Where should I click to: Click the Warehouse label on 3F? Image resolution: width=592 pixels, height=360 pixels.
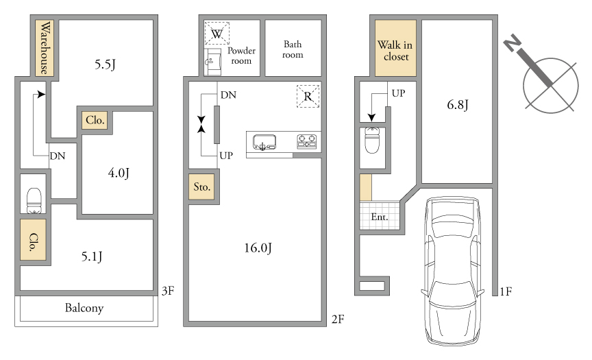tap(45, 47)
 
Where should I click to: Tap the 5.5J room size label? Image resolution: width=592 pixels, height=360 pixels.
tap(105, 64)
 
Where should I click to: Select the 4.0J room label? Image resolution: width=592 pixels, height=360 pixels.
tap(119, 173)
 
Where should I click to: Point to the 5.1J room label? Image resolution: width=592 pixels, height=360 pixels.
tap(92, 256)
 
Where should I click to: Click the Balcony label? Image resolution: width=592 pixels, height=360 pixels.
tap(84, 308)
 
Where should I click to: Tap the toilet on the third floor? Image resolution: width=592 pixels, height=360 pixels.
tap(34, 201)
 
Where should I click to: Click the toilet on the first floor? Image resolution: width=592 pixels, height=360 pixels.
tap(372, 140)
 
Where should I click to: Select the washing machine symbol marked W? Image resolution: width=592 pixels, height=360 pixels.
tap(217, 34)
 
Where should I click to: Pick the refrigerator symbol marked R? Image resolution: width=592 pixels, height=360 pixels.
tap(308, 96)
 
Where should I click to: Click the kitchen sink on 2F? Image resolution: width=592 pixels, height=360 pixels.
tap(264, 143)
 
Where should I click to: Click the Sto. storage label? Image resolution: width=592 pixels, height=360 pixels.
tap(201, 187)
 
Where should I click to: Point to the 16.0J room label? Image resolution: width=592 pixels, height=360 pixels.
tap(258, 248)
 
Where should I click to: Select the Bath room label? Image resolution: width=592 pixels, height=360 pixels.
tap(293, 49)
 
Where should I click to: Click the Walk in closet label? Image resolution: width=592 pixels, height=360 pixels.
tap(395, 51)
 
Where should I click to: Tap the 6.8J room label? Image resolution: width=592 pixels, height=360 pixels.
tap(457, 105)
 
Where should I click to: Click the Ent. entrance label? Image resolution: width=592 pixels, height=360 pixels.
tap(380, 217)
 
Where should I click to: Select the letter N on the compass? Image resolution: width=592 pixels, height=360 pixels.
tap(512, 43)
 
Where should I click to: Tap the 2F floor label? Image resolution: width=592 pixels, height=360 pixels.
tap(338, 320)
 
